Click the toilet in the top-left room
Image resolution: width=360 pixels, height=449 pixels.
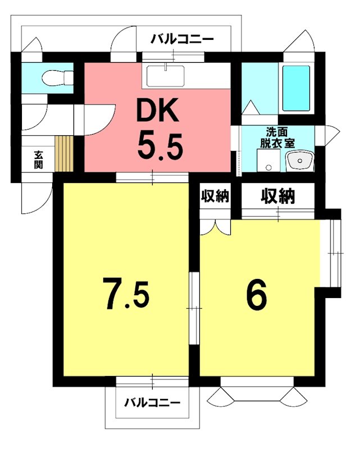[x=57, y=77]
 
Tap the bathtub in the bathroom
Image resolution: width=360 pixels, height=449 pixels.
[x=296, y=88]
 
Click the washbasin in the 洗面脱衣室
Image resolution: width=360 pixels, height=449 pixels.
[x=300, y=162]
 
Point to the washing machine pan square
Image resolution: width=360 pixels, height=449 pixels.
[x=268, y=161]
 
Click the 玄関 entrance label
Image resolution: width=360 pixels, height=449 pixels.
[x=38, y=159]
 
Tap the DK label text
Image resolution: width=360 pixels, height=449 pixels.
[x=158, y=110]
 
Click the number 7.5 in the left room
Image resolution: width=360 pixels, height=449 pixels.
[x=127, y=295]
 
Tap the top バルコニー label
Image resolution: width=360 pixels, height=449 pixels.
[x=183, y=39]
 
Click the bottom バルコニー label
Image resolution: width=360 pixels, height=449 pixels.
[x=152, y=402]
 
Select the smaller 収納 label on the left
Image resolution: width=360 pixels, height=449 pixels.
[x=215, y=196]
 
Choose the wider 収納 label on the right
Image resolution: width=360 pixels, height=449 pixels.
[x=278, y=197]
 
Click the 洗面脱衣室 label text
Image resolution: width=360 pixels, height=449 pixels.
[x=277, y=138]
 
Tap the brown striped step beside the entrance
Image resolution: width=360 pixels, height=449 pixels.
[x=64, y=154]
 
